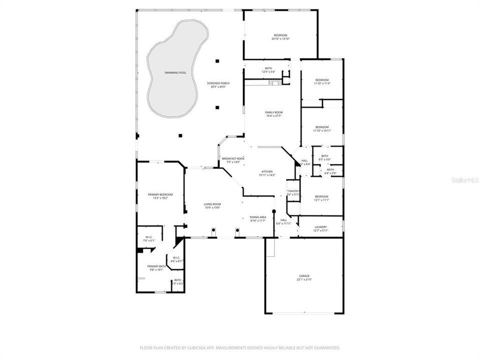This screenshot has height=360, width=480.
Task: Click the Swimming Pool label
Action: pyautogui.click(x=175, y=73)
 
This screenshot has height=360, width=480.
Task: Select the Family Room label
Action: pyautogui.click(x=274, y=114)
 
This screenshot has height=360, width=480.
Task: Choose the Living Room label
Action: pyautogui.click(x=212, y=205)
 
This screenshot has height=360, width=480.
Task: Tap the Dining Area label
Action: pyautogui.click(x=258, y=218)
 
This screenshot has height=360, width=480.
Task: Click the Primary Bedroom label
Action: pyautogui.click(x=160, y=196)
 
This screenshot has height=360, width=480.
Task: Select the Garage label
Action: pyautogui.click(x=304, y=277)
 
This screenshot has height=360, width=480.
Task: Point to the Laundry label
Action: pyautogui.click(x=320, y=228)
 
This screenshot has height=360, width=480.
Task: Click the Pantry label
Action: pyautogui.click(x=293, y=192)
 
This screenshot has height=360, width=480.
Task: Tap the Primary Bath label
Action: pyautogui.click(x=156, y=268)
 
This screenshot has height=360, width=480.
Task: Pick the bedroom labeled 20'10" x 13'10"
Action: pyautogui.click(x=280, y=37)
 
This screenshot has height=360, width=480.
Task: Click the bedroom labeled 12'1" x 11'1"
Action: pyautogui.click(x=321, y=198)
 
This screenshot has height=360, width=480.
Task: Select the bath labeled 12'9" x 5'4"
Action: pyautogui.click(x=268, y=70)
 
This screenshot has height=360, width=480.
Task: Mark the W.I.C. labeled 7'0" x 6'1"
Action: pyautogui.click(x=149, y=238)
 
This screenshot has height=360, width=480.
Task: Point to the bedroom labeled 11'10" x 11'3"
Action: pyautogui.click(x=322, y=81)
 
